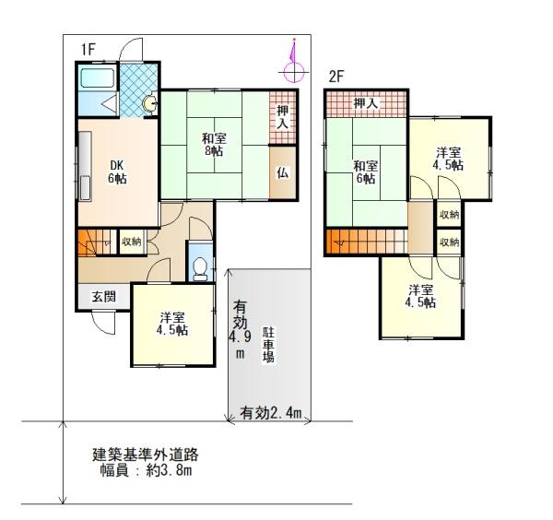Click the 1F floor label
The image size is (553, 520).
click(88, 49)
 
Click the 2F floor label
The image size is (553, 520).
click(336, 76)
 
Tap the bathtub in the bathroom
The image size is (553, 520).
click(97, 78)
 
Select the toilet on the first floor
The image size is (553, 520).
click(201, 268)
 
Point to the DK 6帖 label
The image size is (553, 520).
click(117, 171)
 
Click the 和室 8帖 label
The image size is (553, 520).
click(214, 144)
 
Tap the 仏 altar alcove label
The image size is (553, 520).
click(283, 172)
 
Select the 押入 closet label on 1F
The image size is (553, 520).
click(283, 117)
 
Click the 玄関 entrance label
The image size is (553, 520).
click(104, 296)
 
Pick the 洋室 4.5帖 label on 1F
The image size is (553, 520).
click(172, 324)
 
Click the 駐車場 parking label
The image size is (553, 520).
click(268, 345)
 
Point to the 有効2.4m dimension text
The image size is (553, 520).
click(270, 412)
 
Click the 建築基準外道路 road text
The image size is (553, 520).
click(146, 455)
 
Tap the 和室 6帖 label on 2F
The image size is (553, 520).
click(366, 171)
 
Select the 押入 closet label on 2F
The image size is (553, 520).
click(366, 103)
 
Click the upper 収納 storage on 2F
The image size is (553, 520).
click(450, 214)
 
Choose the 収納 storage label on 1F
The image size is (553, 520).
click(132, 242)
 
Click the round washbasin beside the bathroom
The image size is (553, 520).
click(150, 103)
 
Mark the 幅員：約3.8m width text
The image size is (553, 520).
click(146, 470)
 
